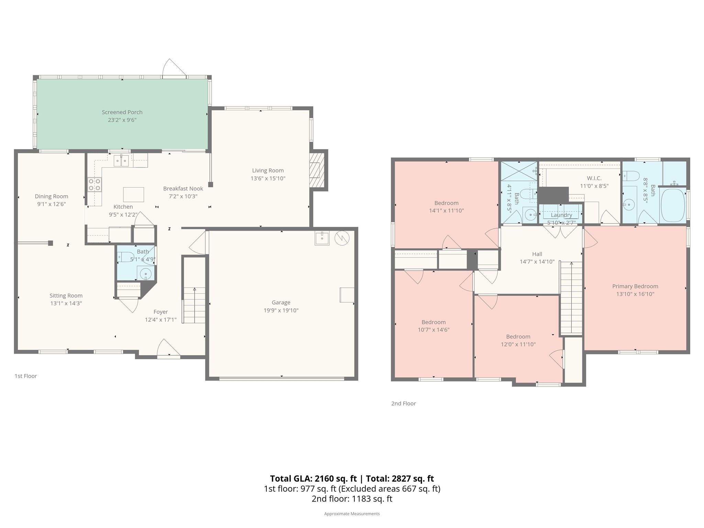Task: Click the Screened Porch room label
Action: click(x=122, y=112)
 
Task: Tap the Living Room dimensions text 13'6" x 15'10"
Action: click(x=268, y=178)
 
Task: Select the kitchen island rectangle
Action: click(x=133, y=195)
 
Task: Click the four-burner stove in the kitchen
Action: click(x=95, y=184)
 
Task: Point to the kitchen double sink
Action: click(x=121, y=161)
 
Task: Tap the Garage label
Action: click(x=281, y=302)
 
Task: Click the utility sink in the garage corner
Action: click(x=322, y=238)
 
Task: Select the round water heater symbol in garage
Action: click(x=342, y=238)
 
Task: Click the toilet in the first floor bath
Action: click(x=125, y=257)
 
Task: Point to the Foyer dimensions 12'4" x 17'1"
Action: click(x=161, y=320)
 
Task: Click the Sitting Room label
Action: click(x=66, y=296)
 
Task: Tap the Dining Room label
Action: click(x=52, y=196)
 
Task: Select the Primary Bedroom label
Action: click(x=635, y=286)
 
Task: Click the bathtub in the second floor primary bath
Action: click(x=673, y=205)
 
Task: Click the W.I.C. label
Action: click(x=594, y=178)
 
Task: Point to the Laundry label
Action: click(x=561, y=215)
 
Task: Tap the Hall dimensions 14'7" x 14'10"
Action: click(x=537, y=262)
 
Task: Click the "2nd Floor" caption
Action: click(x=404, y=404)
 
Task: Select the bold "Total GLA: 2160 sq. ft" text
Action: click(x=313, y=478)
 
